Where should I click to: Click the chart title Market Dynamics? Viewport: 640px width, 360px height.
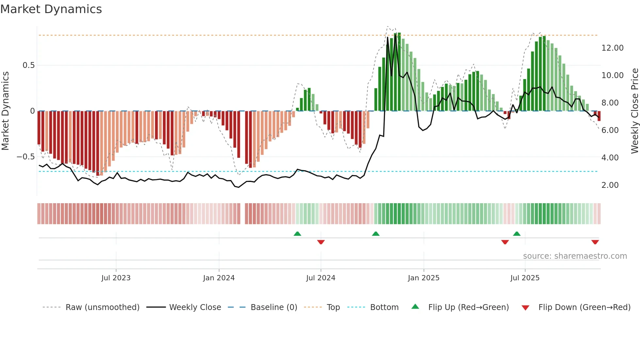point(51,9)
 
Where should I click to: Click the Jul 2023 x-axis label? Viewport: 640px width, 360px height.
point(116,278)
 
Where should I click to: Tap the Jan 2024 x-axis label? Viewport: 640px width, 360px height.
point(219,278)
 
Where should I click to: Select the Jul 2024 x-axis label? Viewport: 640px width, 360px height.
point(321,278)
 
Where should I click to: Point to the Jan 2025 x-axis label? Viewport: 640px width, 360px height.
point(424,278)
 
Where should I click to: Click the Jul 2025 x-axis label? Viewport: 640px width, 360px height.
point(525,278)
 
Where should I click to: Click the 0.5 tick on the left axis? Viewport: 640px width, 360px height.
point(29,65)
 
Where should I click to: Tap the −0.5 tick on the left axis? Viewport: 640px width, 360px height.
point(26,157)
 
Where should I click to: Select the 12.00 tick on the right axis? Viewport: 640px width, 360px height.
point(612,48)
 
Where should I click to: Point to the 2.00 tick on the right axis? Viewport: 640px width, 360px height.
point(610,185)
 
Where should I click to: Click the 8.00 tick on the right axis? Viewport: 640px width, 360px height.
point(610,103)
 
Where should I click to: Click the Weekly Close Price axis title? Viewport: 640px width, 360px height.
point(634,111)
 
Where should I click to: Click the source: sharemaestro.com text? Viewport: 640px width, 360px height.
point(575,256)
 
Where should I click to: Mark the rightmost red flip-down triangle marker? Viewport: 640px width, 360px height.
point(595,242)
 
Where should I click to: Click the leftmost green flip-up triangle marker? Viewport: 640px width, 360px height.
point(297,234)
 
